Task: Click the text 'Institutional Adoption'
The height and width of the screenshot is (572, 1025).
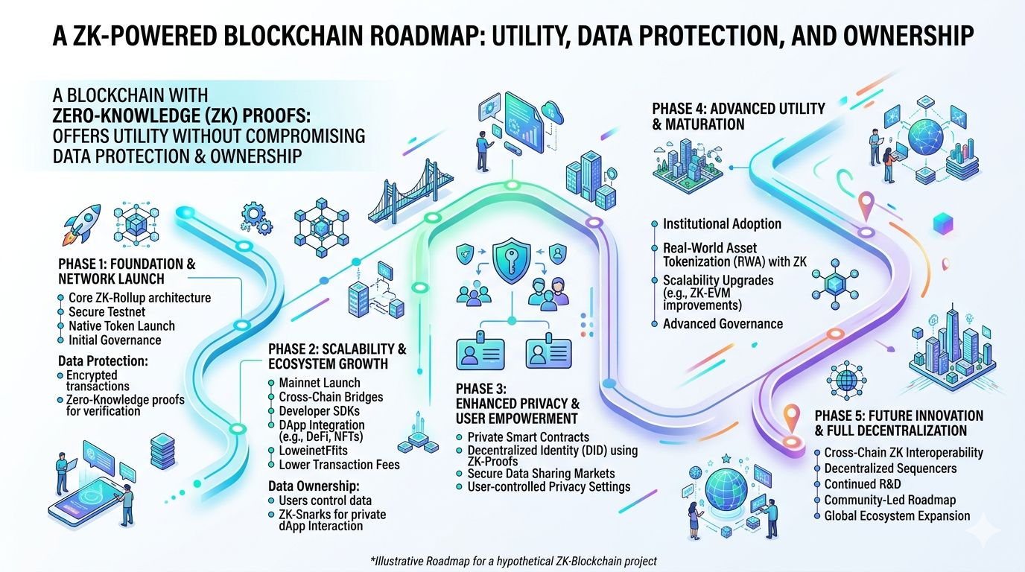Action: click(x=722, y=223)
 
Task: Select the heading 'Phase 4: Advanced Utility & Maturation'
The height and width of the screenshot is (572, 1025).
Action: click(x=738, y=116)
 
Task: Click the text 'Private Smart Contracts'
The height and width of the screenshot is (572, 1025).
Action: click(x=527, y=437)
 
